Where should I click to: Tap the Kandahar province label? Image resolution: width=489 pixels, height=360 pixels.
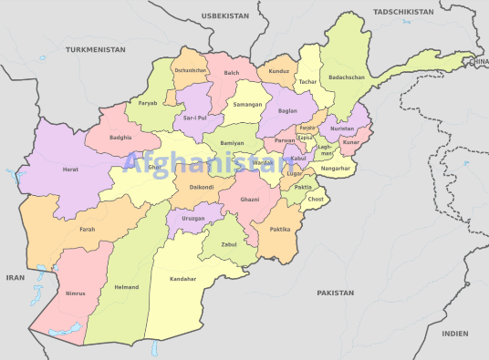click(183, 279)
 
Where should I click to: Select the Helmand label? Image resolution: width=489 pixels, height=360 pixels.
click(127, 287)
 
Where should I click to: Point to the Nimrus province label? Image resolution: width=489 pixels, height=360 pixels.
click(77, 293)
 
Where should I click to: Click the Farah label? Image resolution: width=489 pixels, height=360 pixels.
click(87, 230)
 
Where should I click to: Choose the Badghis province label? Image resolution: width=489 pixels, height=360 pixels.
click(120, 137)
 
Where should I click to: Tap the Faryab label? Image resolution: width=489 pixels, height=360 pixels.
click(148, 103)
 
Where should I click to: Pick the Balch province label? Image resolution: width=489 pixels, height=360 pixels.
click(232, 72)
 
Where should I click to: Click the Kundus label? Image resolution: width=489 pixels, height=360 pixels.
click(279, 70)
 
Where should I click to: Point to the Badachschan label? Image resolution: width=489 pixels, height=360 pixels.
click(346, 77)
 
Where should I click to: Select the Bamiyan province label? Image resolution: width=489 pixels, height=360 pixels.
click(232, 143)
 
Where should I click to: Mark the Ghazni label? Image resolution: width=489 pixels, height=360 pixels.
click(249, 199)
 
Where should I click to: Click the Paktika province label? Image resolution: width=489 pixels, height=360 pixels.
click(279, 230)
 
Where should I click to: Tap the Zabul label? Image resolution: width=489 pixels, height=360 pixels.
click(230, 245)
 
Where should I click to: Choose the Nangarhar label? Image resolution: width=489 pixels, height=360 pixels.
click(336, 169)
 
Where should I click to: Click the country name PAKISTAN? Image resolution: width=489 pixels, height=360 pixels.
click(335, 293)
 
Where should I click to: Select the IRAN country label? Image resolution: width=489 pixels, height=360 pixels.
click(16, 276)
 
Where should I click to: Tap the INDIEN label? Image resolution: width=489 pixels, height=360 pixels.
click(454, 334)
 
